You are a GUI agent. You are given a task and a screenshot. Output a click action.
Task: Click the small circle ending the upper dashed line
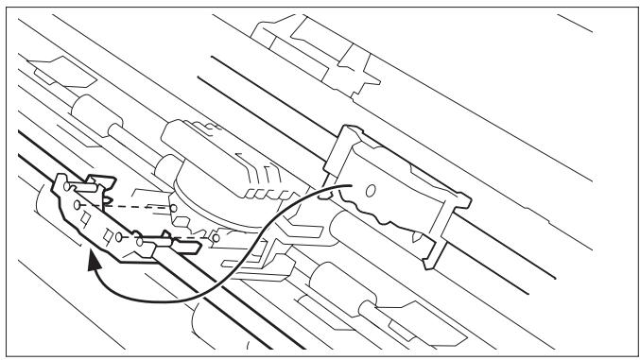(173, 205)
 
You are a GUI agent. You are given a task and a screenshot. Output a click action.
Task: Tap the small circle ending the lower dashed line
(216, 238)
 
